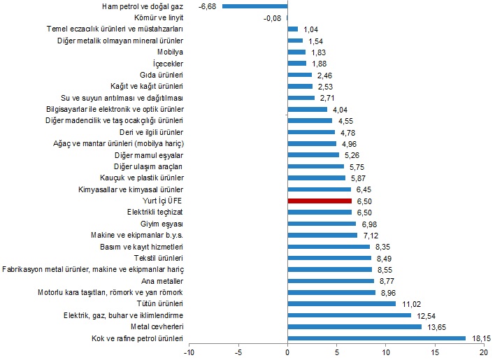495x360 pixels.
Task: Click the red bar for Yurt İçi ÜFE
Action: (320, 201)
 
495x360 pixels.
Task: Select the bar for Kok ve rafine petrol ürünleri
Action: (377, 338)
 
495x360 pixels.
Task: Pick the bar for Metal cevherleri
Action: (354, 326)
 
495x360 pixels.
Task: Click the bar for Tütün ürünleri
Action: (342, 304)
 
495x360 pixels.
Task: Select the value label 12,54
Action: (426, 315)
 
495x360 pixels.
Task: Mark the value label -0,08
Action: (272, 18)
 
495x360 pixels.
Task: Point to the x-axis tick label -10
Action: (188, 352)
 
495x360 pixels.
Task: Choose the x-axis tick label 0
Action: (287, 352)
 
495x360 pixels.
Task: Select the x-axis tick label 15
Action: (436, 352)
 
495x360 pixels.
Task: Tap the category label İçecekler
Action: (168, 64)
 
